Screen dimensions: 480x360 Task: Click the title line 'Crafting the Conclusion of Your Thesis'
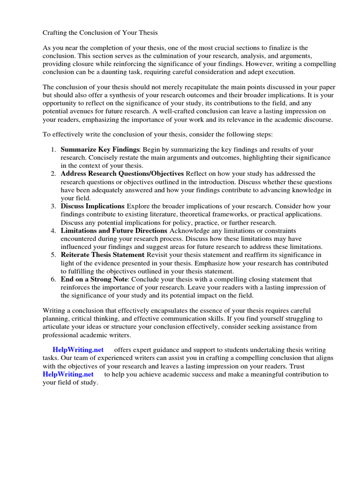coord(100,33)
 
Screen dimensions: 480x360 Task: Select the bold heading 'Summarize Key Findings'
coord(100,149)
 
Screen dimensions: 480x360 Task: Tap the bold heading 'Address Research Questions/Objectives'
coord(123,173)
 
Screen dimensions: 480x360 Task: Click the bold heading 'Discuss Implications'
coord(92,206)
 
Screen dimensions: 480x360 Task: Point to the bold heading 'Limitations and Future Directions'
coord(114,231)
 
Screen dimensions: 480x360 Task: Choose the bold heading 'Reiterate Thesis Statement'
coord(103,255)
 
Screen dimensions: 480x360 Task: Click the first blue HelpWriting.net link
coord(78,350)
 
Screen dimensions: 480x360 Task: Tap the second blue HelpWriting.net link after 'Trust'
coord(68,374)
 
